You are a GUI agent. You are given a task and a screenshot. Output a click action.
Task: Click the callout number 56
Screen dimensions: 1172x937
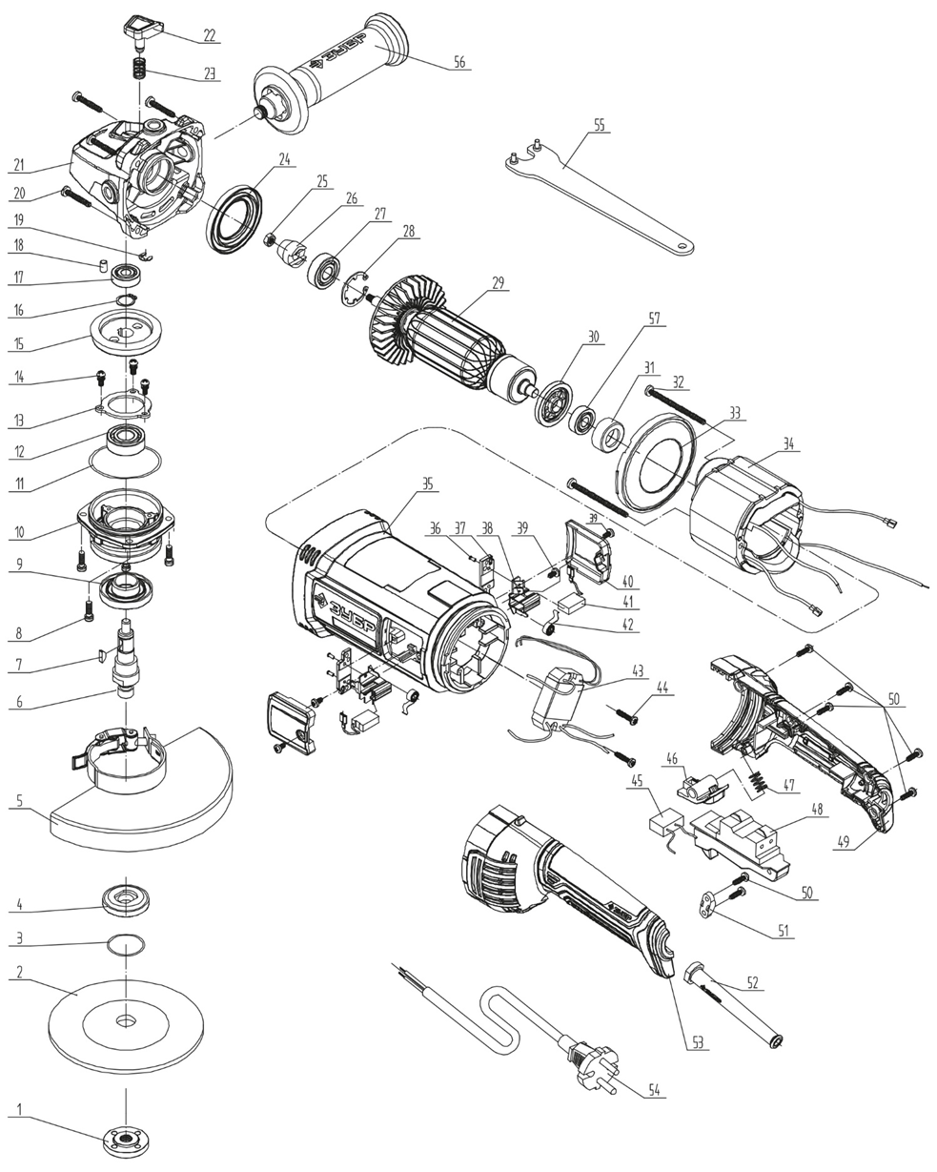coord(459,62)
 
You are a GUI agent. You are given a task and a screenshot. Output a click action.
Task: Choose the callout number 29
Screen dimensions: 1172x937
coord(497,283)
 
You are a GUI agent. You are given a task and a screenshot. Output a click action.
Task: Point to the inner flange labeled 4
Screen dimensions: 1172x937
coord(125,898)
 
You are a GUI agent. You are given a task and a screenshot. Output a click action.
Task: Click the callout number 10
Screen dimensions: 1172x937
coord(18,532)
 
